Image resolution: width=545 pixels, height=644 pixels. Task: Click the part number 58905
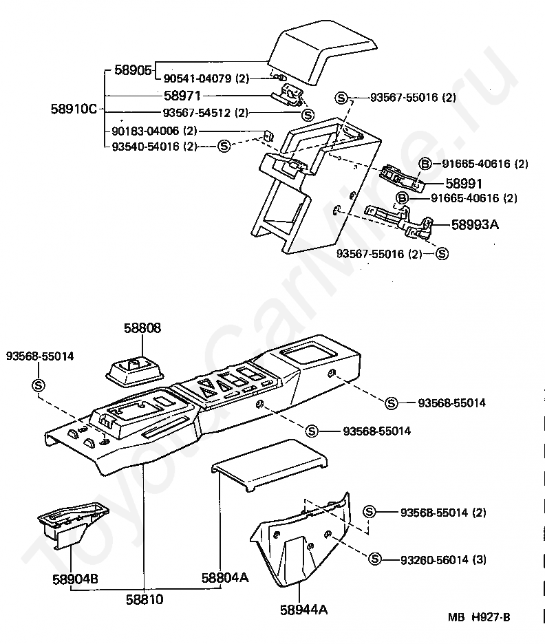[x=133, y=69]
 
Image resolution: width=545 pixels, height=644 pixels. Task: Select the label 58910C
[x=75, y=108]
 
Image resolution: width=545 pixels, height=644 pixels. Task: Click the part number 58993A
[x=475, y=224]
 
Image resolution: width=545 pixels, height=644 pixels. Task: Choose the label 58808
[x=142, y=328]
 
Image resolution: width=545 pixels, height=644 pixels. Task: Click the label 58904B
[x=75, y=578]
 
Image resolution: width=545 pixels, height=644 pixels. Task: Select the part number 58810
[x=145, y=599]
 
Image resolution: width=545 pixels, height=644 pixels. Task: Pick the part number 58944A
[x=303, y=609]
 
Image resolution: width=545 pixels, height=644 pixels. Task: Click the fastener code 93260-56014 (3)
[x=443, y=559]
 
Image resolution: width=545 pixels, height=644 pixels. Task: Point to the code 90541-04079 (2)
[x=206, y=79]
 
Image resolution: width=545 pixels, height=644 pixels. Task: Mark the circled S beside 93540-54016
[x=224, y=146]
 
